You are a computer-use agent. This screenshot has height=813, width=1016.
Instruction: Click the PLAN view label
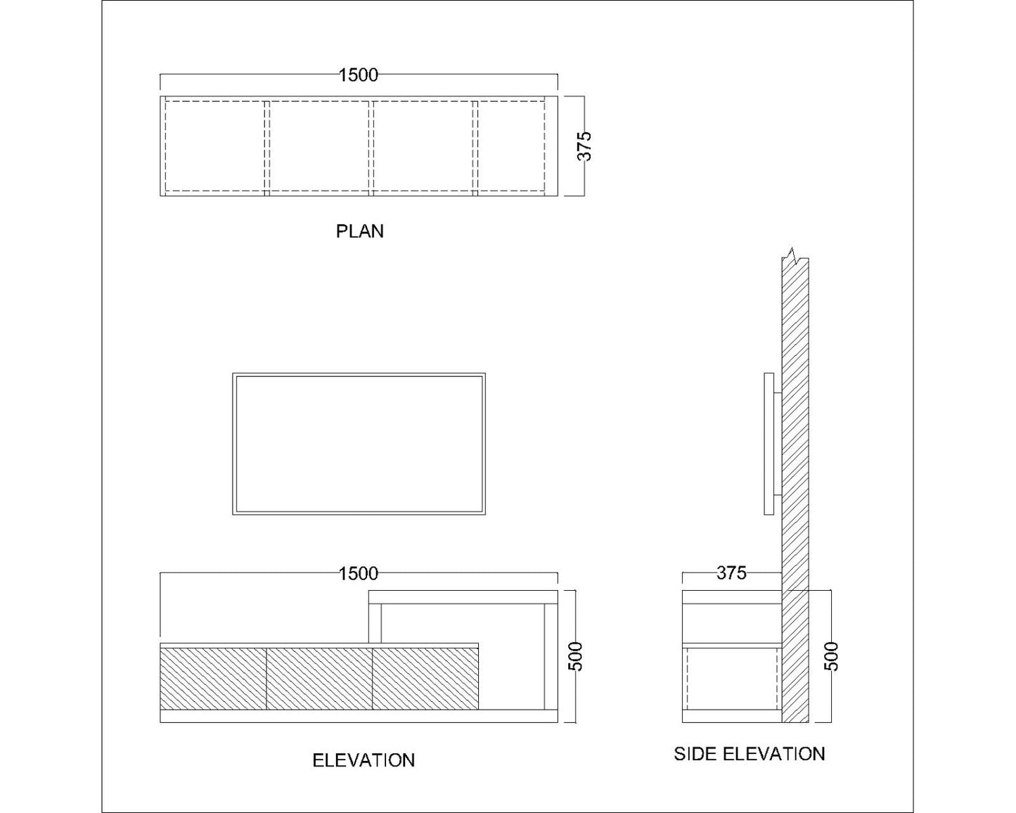pyautogui.click(x=359, y=231)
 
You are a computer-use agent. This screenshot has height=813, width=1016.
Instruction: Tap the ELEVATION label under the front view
pyautogui.click(x=363, y=760)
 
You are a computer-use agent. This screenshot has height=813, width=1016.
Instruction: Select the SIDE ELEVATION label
pyautogui.click(x=749, y=754)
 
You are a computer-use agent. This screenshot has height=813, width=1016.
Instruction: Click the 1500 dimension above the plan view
pyautogui.click(x=359, y=75)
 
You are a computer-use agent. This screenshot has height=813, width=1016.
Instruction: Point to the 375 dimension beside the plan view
pyautogui.click(x=585, y=146)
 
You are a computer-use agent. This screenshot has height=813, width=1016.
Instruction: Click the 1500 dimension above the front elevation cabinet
pyautogui.click(x=359, y=574)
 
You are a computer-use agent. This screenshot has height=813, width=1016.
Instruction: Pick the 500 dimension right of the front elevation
pyautogui.click(x=577, y=656)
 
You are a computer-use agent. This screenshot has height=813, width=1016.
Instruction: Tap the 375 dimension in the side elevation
pyautogui.click(x=731, y=573)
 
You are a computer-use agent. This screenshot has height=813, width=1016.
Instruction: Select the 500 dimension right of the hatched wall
pyautogui.click(x=831, y=656)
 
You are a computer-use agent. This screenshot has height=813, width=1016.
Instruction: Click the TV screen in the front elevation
pyautogui.click(x=359, y=444)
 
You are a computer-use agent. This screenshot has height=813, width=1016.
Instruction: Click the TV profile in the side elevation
pyautogui.click(x=769, y=444)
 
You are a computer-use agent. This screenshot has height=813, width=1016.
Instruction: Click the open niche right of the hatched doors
pyautogui.click(x=511, y=675)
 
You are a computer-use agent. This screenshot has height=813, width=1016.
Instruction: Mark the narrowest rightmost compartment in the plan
pyautogui.click(x=511, y=146)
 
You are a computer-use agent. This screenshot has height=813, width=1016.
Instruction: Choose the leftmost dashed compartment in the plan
pyautogui.click(x=214, y=146)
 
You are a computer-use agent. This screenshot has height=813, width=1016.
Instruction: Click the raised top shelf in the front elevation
pyautogui.click(x=463, y=597)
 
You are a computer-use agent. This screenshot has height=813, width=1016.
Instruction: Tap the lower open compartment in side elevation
pyautogui.click(x=731, y=679)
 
